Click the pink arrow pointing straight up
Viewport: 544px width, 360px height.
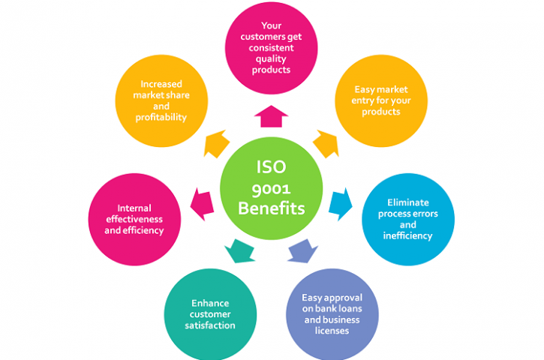[x=271, y=116]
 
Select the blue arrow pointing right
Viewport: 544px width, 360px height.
[x=341, y=204]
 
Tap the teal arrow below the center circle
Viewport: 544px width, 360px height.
[x=239, y=251]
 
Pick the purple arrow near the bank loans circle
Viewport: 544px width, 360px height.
[x=302, y=251]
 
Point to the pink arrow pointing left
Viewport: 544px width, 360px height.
[x=202, y=204]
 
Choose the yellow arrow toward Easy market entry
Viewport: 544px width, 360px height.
[x=326, y=144]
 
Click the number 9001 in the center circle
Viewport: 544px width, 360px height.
[x=271, y=189]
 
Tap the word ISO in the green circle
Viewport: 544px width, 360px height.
[x=271, y=167]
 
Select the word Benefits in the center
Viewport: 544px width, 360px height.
[x=272, y=208]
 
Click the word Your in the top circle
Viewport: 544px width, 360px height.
[x=272, y=25]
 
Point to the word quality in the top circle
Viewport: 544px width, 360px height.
[x=271, y=59]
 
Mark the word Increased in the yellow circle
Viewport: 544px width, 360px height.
[x=161, y=84]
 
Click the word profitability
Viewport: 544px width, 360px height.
[x=161, y=118]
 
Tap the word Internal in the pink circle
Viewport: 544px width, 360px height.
[x=134, y=208]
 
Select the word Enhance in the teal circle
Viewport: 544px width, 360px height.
[x=210, y=304]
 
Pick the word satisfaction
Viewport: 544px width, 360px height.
[x=210, y=325]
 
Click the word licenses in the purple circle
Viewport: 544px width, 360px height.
[x=332, y=331]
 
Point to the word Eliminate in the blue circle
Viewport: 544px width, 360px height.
[x=408, y=202]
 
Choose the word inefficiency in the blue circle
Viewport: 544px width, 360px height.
[x=407, y=235]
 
